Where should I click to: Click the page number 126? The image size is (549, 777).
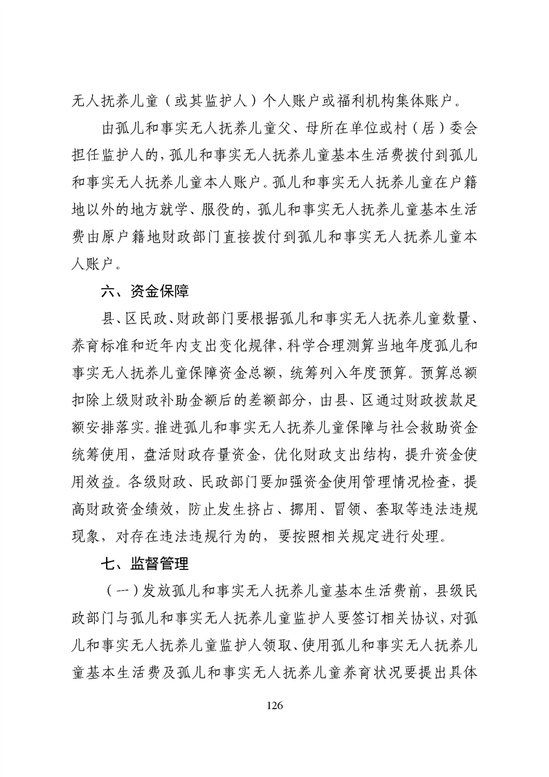click(x=275, y=706)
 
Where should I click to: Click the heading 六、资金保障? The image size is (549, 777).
click(x=144, y=290)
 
